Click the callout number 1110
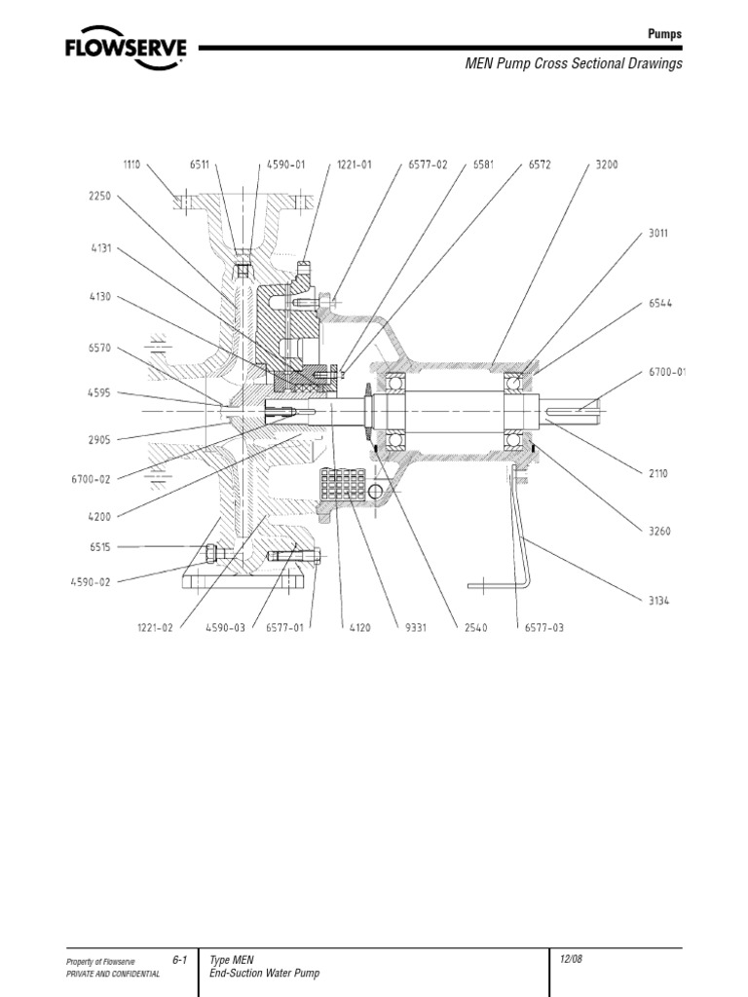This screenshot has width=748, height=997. (x=131, y=166)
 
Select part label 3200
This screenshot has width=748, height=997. (x=606, y=166)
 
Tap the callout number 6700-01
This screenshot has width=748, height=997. (x=667, y=372)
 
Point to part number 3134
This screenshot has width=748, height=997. (x=659, y=601)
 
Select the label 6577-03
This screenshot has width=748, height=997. (x=543, y=628)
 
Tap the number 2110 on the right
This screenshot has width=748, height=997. (x=659, y=473)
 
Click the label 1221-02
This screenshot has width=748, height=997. (x=154, y=628)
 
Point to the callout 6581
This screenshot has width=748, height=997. (x=483, y=166)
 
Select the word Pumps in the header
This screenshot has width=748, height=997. (x=665, y=33)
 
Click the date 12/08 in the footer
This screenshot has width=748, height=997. (x=571, y=959)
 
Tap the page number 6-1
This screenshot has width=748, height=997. (x=178, y=960)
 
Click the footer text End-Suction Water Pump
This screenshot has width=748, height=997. (x=264, y=974)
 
